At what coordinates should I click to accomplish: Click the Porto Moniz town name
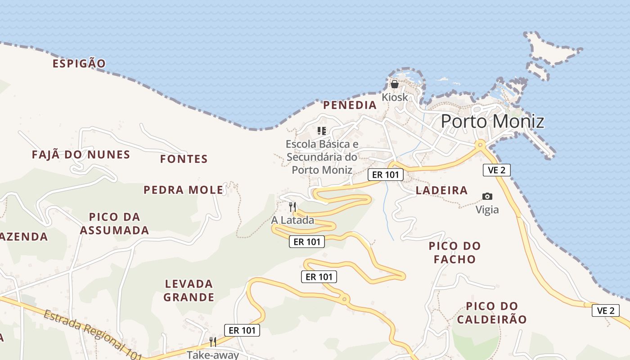point(492,121)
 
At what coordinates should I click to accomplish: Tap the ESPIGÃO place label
point(79,63)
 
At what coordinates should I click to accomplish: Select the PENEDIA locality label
point(350,105)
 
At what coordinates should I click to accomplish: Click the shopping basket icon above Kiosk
point(395,84)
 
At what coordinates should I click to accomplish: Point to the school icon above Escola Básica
point(321,131)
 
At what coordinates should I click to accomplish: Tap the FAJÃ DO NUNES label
point(81,155)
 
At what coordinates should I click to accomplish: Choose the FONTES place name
point(184,159)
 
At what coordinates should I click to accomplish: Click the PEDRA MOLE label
point(183,190)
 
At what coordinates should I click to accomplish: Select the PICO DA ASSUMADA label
point(114,224)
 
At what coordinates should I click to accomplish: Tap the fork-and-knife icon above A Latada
point(292,207)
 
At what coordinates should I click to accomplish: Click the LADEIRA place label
point(441,190)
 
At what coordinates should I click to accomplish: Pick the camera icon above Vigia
point(487,196)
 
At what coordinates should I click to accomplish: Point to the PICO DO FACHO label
point(454,252)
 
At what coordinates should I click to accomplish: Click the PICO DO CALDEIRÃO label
point(491,313)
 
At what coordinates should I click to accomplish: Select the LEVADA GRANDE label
point(189,290)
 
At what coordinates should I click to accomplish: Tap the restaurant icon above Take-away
point(213,342)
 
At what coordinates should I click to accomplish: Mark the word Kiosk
point(395,97)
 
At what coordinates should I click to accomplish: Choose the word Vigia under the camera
point(487,210)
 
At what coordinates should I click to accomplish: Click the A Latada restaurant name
point(292,220)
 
